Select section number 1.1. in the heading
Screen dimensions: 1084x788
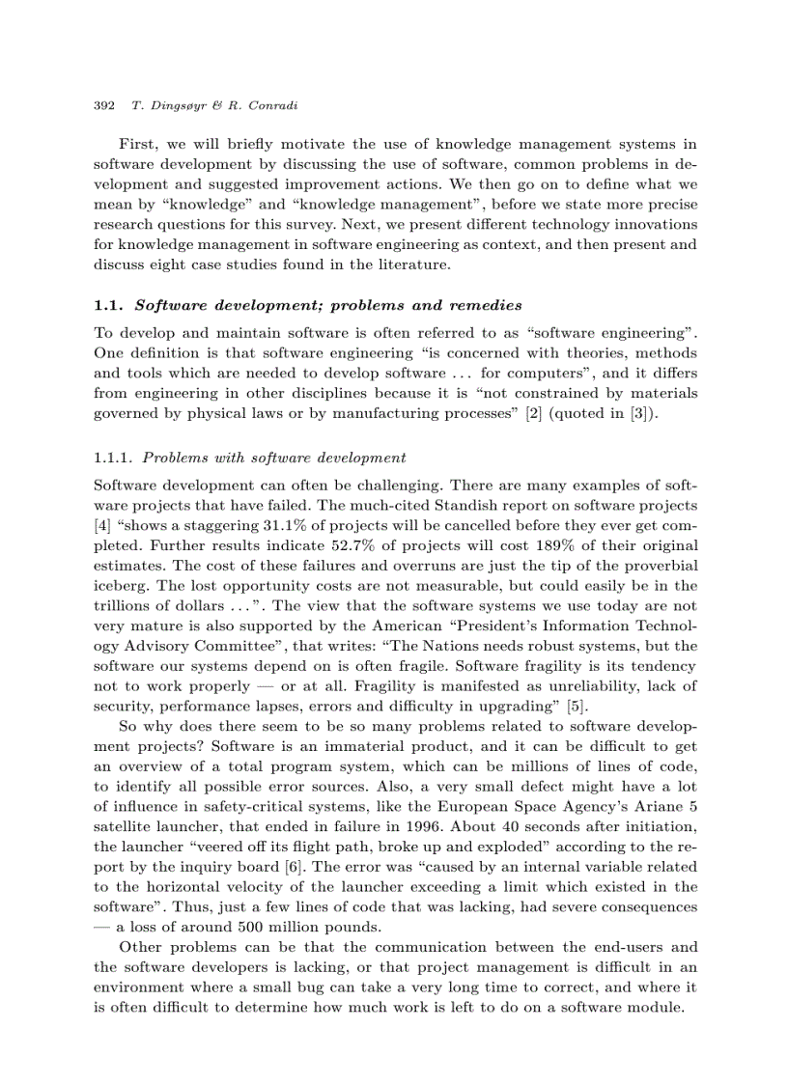click(110, 305)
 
